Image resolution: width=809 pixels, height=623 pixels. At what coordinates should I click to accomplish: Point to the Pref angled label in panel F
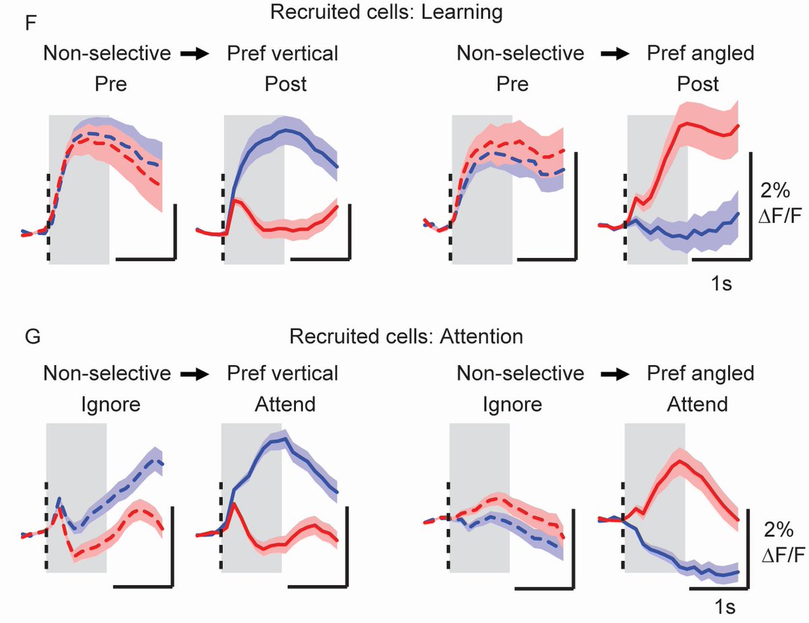[700, 53]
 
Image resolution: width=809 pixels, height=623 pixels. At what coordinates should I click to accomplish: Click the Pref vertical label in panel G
[282, 373]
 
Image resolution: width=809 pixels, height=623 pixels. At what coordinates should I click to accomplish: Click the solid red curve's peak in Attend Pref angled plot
[679, 462]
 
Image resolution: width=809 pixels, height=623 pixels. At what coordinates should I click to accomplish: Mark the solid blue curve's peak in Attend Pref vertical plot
[284, 439]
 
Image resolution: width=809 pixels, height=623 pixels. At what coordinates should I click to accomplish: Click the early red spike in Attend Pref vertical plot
[233, 503]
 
